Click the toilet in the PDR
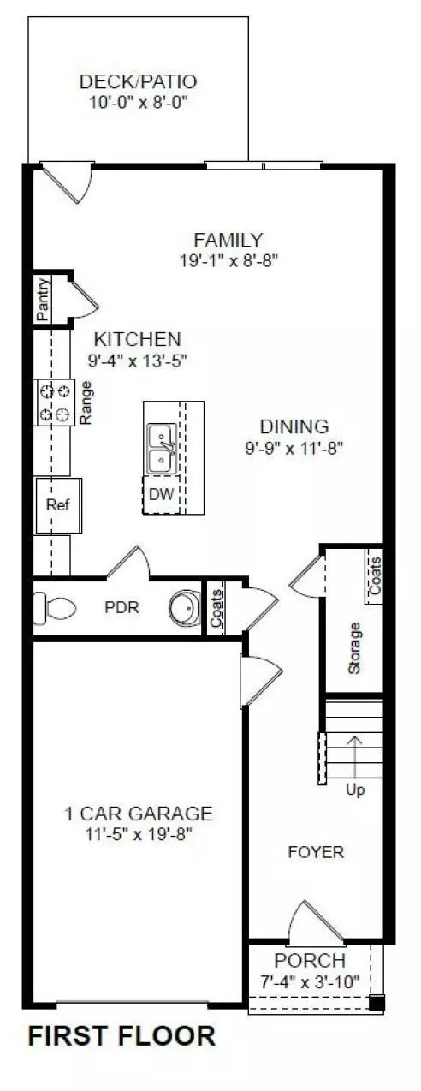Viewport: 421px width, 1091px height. coord(53,608)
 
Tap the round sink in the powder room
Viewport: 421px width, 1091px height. coord(183,609)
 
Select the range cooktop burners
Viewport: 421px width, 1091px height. coord(54,402)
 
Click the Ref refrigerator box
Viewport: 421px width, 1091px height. coord(56,504)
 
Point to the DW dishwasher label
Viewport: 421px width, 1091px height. coord(160,493)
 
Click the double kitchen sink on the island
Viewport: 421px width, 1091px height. coord(160,450)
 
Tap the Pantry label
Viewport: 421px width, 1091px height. coord(44,300)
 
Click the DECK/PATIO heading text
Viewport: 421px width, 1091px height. coord(138,82)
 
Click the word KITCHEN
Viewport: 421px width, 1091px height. coord(137,338)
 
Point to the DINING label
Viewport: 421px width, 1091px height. coord(294,426)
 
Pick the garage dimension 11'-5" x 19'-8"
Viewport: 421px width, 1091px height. coord(139,833)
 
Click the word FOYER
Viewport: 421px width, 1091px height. coord(316,852)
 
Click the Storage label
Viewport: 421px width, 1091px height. coord(355,647)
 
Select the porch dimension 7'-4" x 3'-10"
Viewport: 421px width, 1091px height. coord(310,981)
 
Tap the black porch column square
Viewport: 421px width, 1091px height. coord(377,1004)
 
